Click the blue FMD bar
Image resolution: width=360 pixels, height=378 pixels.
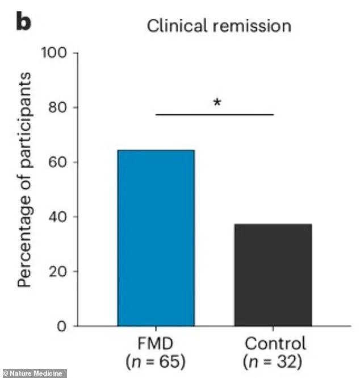click(156, 238)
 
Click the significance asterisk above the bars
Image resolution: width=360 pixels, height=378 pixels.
click(216, 103)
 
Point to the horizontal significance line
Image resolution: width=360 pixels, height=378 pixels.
click(215, 114)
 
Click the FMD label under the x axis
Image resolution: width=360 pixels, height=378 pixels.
click(156, 344)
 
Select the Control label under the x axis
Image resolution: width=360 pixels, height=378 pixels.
click(275, 344)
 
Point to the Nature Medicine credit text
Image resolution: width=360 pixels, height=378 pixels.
click(34, 373)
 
